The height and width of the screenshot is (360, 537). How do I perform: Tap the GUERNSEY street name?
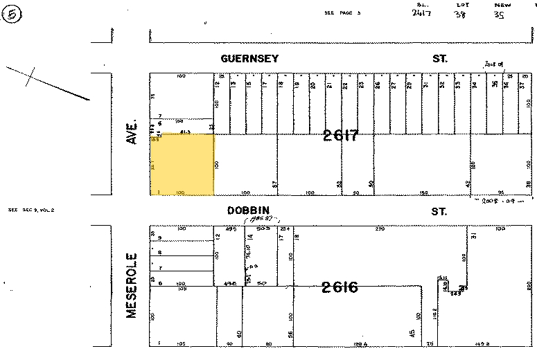[x=249, y=59]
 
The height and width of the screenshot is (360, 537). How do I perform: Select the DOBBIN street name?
[x=247, y=210]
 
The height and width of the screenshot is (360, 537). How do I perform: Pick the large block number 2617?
[x=340, y=136]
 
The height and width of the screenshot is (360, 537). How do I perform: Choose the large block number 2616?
[x=340, y=287]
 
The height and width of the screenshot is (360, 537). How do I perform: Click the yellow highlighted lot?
[x=182, y=165]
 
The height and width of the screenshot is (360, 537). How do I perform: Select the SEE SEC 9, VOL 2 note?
[x=30, y=209]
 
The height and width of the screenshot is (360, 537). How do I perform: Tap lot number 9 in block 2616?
[x=159, y=238]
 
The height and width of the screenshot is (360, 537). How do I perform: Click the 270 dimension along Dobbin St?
[x=380, y=228]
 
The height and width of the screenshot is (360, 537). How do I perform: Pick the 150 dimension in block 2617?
[x=424, y=192]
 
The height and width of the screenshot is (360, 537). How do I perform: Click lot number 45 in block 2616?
[x=412, y=334]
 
